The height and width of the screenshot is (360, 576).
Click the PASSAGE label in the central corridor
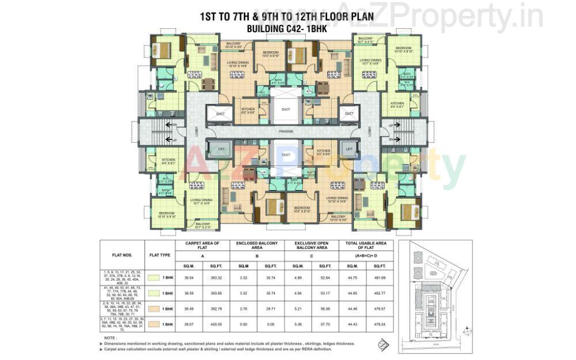[286, 132]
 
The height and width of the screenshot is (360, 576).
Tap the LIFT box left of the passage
[220, 149]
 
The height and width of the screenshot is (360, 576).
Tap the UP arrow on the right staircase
[393, 124]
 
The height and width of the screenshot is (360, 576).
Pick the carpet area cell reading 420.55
[217, 325]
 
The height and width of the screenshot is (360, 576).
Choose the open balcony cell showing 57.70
[324, 325]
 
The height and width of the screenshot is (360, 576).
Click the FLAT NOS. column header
[123, 253]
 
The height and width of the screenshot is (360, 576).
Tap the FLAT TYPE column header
[160, 253]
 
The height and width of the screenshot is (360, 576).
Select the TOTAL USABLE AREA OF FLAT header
[366, 246]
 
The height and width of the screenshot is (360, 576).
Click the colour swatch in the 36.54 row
[153, 278]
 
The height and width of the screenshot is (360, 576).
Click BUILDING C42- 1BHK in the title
[286, 28]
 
